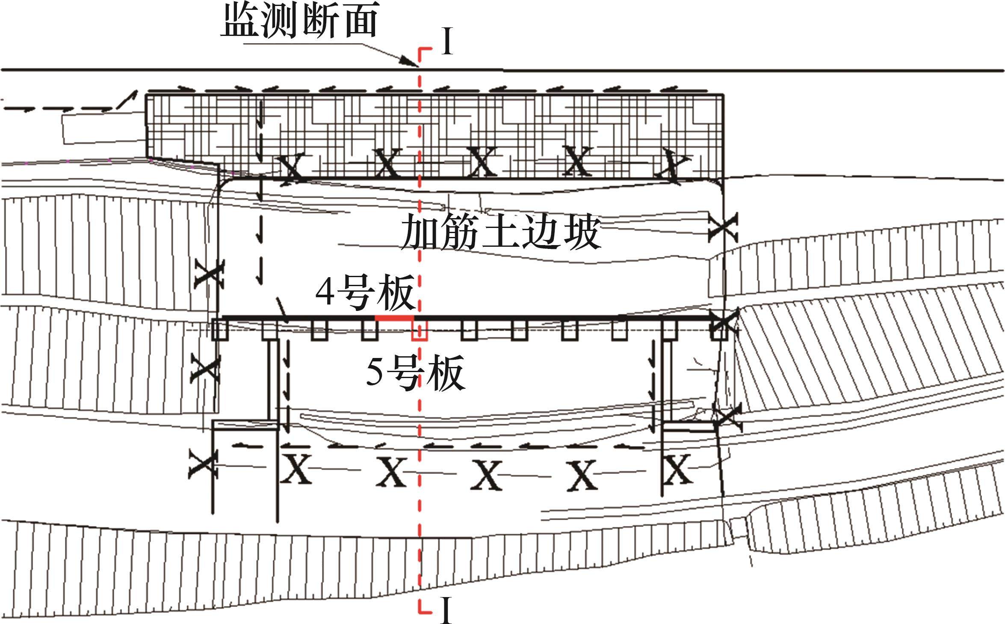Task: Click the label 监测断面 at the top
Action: (299, 21)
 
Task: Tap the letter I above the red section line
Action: (447, 41)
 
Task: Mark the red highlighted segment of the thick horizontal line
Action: (394, 317)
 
